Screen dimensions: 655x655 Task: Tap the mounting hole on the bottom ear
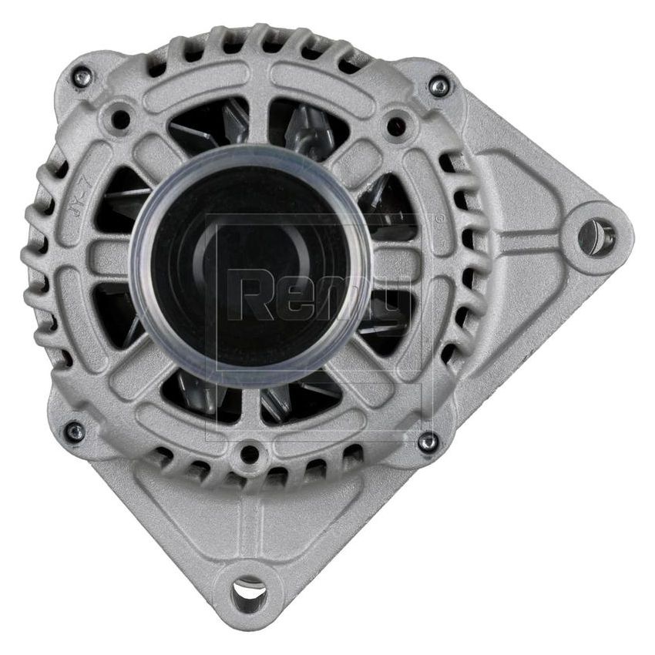click(x=248, y=594)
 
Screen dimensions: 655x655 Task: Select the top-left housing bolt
click(x=81, y=76)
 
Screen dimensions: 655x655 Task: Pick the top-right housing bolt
click(x=439, y=86)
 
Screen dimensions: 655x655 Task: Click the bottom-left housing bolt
click(x=75, y=432)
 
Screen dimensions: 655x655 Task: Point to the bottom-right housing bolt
click(x=428, y=442)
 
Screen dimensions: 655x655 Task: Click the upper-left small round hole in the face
click(x=120, y=118)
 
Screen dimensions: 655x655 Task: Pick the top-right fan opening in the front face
click(x=308, y=127)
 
